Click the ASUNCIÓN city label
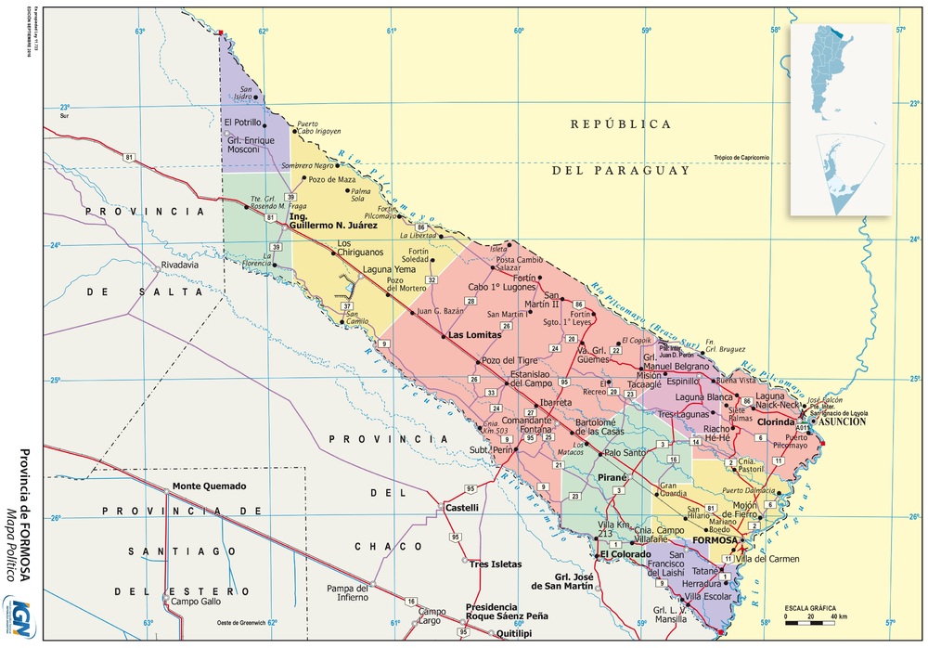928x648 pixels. pyautogui.click(x=842, y=421)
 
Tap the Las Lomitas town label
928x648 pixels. pyautogui.click(x=474, y=335)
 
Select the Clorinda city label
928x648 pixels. pyautogui.click(x=776, y=421)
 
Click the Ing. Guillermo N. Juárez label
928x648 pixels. pyautogui.click(x=333, y=220)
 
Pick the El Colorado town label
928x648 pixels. pyautogui.click(x=625, y=554)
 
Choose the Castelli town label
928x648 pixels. pyautogui.click(x=462, y=508)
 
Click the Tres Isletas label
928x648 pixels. pyautogui.click(x=495, y=564)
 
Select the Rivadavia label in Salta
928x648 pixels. pyautogui.click(x=181, y=265)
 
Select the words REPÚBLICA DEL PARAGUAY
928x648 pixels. pyautogui.click(x=621, y=147)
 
